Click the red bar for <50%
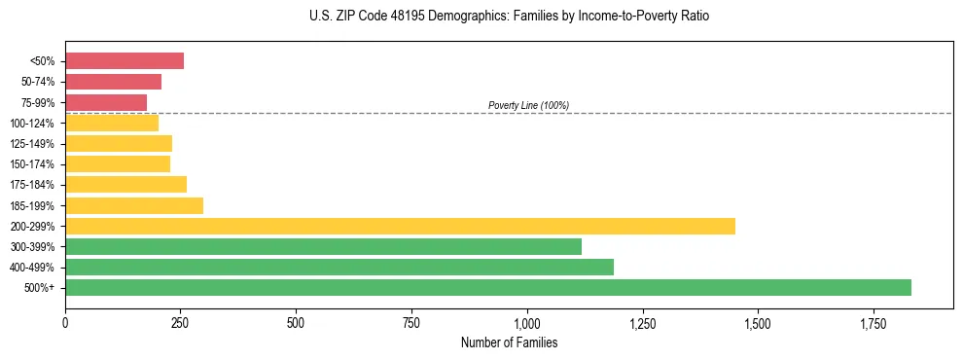click(125, 61)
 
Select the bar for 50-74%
click(113, 82)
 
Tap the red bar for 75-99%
click(106, 102)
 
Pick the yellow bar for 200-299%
click(400, 226)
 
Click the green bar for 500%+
click(488, 287)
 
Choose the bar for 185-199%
click(134, 205)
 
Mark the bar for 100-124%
click(112, 123)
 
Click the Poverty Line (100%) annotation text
click(528, 105)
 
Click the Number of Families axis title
click(509, 342)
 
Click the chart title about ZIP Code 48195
click(509, 17)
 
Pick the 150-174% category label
click(32, 164)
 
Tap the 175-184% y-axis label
click(32, 185)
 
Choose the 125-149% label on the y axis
click(32, 144)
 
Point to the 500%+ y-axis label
click(39, 288)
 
